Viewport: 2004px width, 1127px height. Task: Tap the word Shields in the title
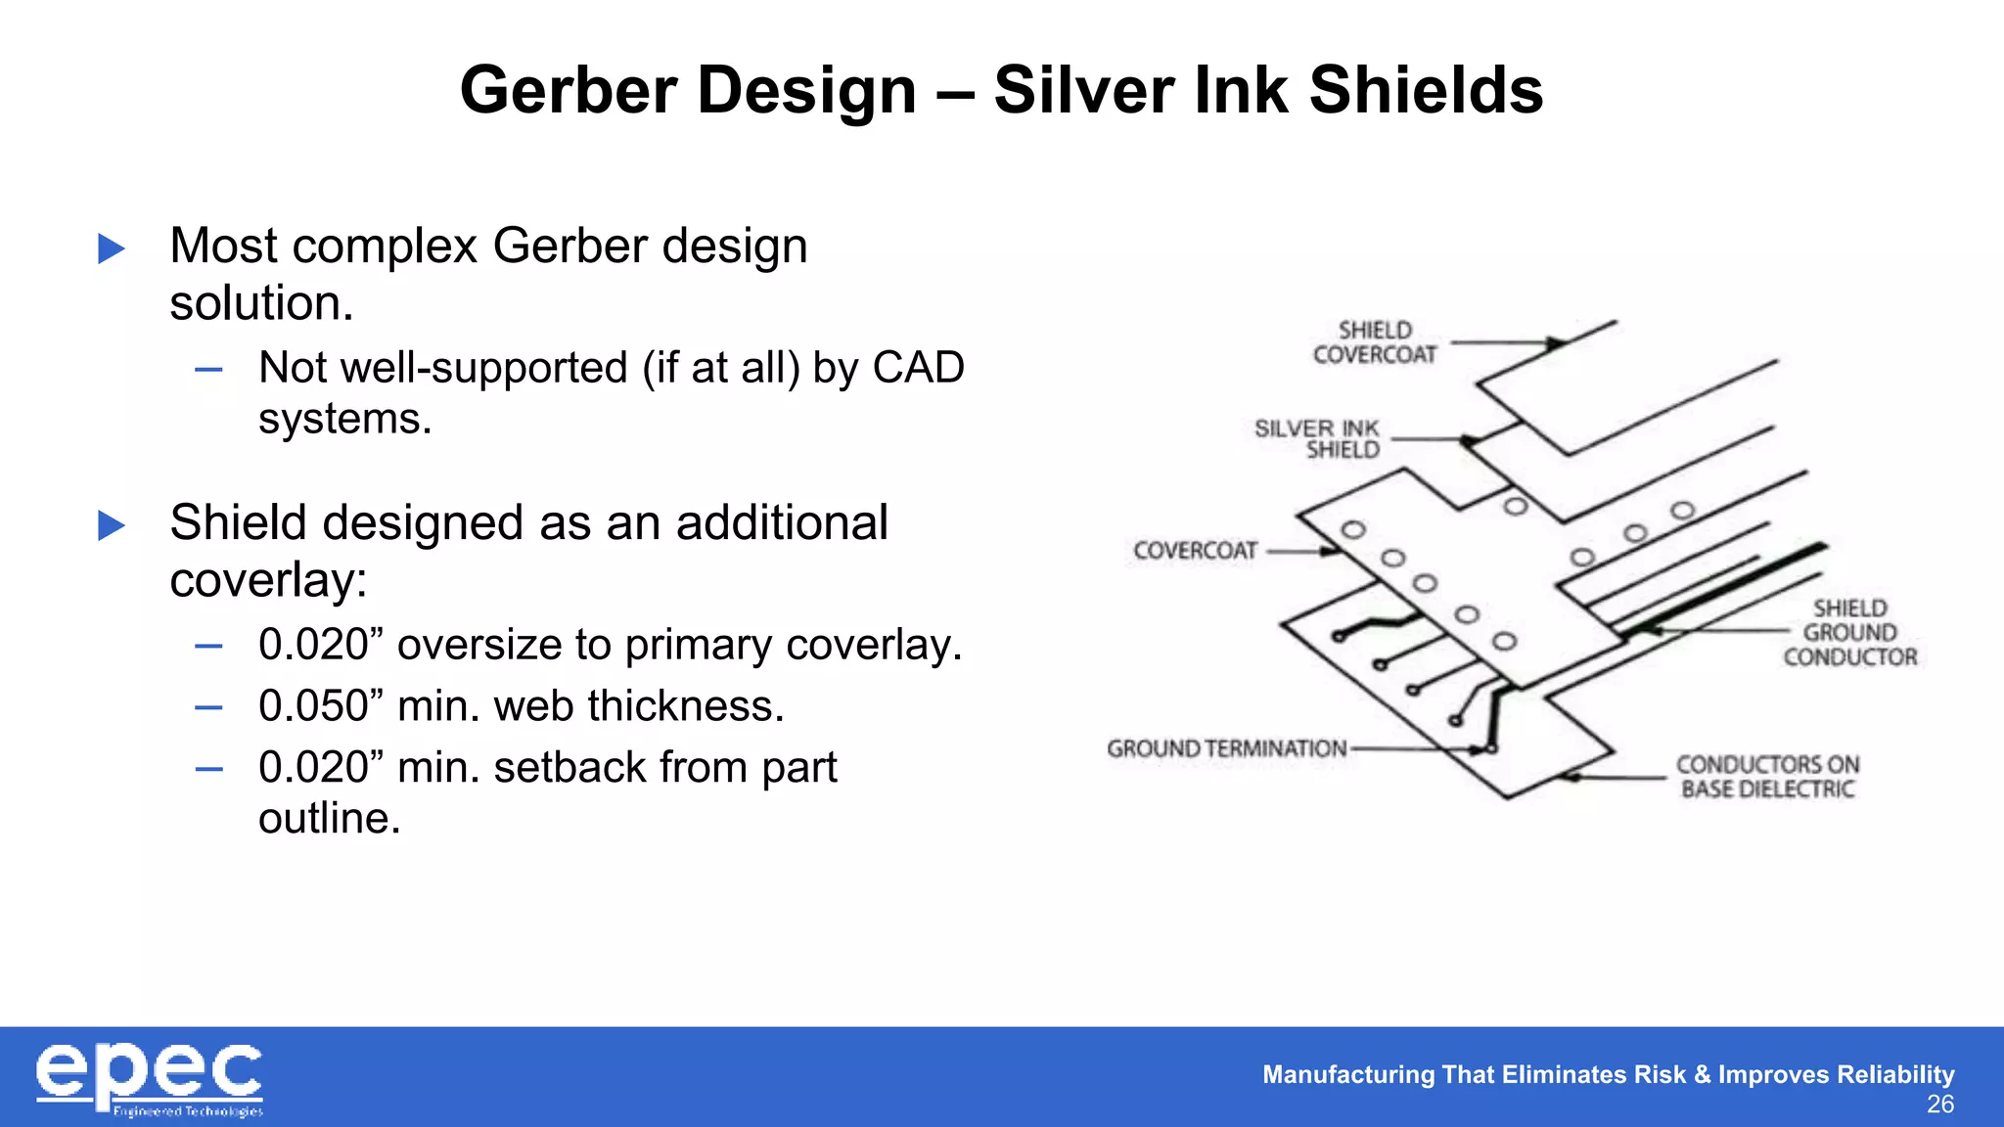click(1426, 90)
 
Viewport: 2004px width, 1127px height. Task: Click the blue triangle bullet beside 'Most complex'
click(112, 248)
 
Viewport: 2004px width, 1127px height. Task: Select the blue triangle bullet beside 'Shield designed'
click(112, 525)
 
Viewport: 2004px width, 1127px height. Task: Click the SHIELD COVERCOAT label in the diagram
click(1375, 342)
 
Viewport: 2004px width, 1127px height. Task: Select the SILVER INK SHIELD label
click(1318, 439)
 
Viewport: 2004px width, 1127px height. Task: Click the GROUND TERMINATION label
click(1226, 748)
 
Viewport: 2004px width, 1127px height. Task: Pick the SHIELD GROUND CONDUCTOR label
click(1849, 633)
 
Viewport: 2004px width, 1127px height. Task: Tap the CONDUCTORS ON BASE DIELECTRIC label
click(1767, 777)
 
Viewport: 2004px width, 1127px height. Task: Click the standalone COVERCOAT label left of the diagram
click(1195, 551)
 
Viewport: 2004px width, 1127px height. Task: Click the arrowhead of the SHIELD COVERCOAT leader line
click(1555, 343)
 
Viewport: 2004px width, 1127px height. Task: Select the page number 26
click(1939, 1104)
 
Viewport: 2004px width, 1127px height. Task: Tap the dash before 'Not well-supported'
click(208, 370)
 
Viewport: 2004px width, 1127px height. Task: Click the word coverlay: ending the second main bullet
click(268, 581)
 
